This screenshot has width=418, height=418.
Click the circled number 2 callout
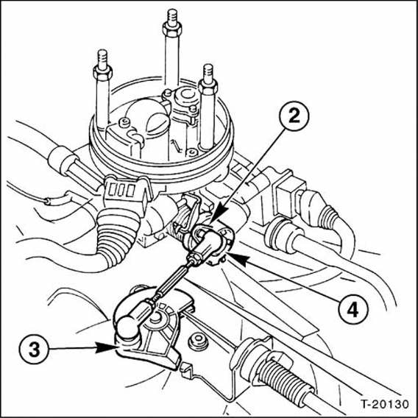point(294,116)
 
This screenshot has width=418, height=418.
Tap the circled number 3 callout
point(34,350)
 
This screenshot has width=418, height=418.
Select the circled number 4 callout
point(353,310)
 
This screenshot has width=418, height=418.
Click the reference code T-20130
point(384,404)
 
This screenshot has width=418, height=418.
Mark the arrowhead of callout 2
point(220,215)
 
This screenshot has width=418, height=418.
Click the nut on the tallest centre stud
point(172,28)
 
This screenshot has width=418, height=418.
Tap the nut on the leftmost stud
point(102,72)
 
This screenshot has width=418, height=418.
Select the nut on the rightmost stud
point(208,86)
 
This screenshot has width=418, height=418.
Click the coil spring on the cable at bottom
point(283,378)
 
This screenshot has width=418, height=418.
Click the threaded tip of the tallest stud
point(172,16)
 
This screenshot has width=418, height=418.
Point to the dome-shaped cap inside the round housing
point(148,117)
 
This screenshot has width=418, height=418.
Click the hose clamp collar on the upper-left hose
point(61,160)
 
